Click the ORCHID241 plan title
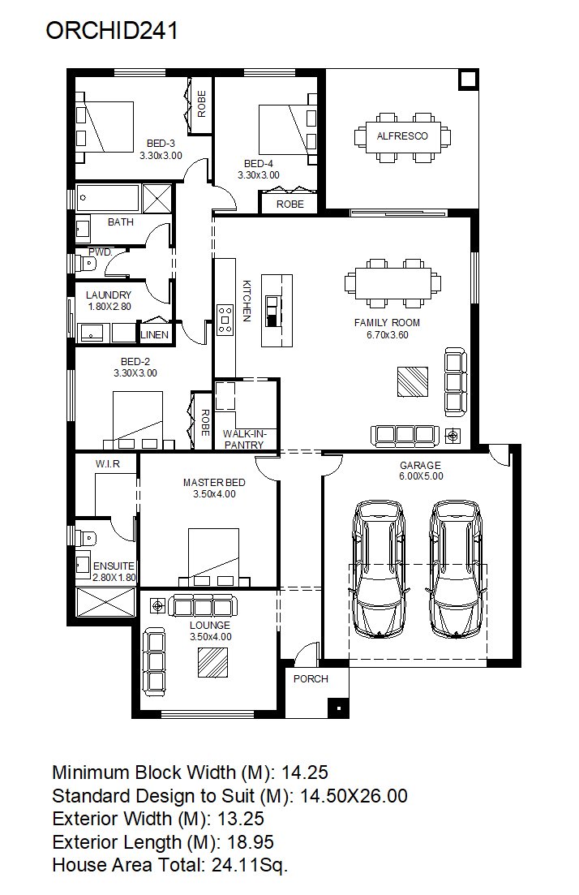[112, 30]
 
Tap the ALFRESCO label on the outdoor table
[402, 136]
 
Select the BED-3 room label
[161, 144]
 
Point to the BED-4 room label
[259, 163]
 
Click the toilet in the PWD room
[88, 265]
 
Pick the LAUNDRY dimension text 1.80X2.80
[109, 307]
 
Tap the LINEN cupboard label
[155, 334]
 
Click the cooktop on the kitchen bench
[225, 320]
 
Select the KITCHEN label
[247, 301]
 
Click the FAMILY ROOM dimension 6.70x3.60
[388, 335]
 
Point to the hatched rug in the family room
[413, 382]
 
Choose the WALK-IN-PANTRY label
[244, 440]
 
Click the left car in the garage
[379, 569]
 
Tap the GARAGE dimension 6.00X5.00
[421, 476]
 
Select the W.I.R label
[108, 464]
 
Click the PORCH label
[311, 678]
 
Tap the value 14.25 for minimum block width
[305, 772]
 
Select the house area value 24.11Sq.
[250, 865]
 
